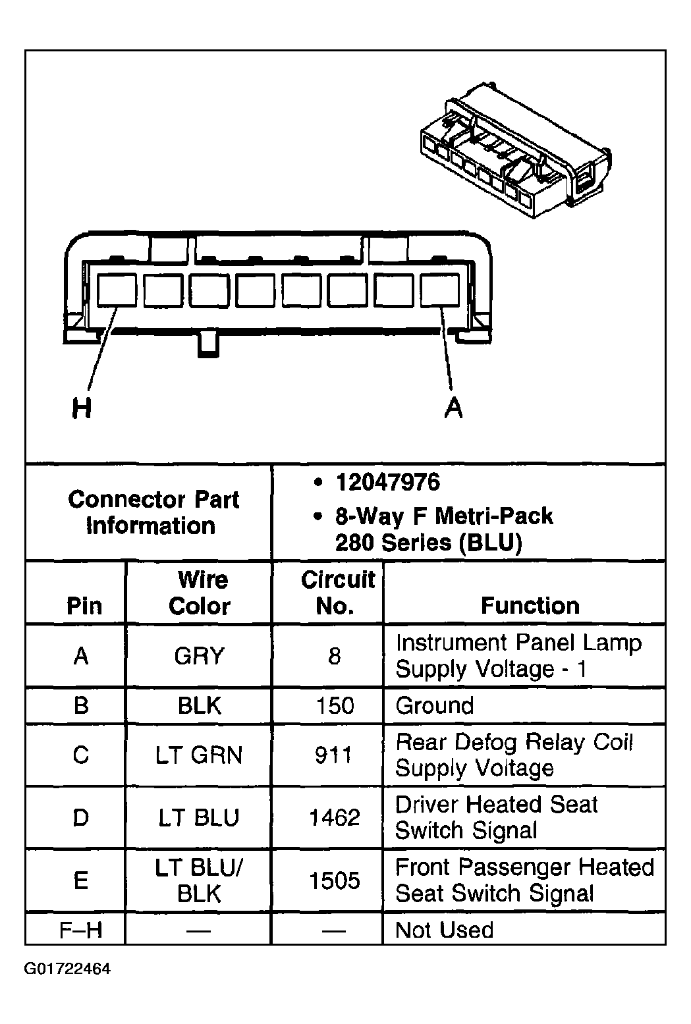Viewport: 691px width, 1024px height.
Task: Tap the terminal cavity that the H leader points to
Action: pyautogui.click(x=117, y=290)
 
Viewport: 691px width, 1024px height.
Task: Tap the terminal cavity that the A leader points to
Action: pyautogui.click(x=439, y=290)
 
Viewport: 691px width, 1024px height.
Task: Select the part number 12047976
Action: pyautogui.click(x=387, y=483)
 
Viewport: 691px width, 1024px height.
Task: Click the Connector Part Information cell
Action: pyautogui.click(x=153, y=512)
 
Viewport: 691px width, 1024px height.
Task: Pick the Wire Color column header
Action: pyautogui.click(x=200, y=593)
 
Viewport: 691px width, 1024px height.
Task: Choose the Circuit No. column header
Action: pyautogui.click(x=337, y=593)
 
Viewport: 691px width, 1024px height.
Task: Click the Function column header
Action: pyautogui.click(x=530, y=605)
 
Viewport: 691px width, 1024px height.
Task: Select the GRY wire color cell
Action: pyautogui.click(x=200, y=656)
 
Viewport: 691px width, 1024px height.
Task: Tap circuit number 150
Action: pyautogui.click(x=335, y=706)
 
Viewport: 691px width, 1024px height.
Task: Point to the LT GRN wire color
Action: pyautogui.click(x=200, y=755)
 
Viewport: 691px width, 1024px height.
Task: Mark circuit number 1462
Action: pyautogui.click(x=335, y=817)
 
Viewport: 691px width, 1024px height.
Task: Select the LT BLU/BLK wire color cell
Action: pyautogui.click(x=200, y=880)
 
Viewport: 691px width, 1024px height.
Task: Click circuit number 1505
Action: pyautogui.click(x=335, y=880)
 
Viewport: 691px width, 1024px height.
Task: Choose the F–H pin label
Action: pyautogui.click(x=81, y=930)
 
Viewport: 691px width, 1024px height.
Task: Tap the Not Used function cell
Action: pyautogui.click(x=444, y=930)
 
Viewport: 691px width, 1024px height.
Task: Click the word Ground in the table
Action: pyautogui.click(x=434, y=706)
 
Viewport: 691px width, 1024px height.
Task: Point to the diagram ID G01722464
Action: pyautogui.click(x=67, y=969)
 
